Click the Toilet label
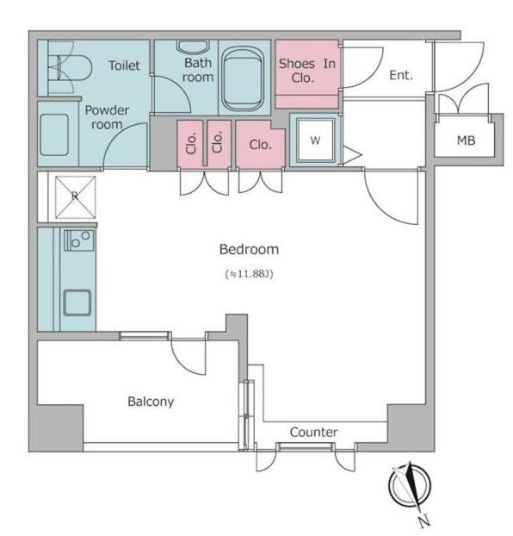pyautogui.click(x=124, y=65)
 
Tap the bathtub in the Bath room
pyautogui.click(x=244, y=78)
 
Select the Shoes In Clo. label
pyautogui.click(x=306, y=71)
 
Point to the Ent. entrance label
pyautogui.click(x=401, y=75)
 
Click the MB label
pyautogui.click(x=466, y=140)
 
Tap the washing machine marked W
pyautogui.click(x=315, y=140)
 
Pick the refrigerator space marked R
pyautogui.click(x=76, y=196)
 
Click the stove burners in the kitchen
pyautogui.click(x=79, y=240)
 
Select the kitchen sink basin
pyautogui.click(x=77, y=302)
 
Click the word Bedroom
pyautogui.click(x=249, y=249)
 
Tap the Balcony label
pyautogui.click(x=151, y=402)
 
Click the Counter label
pyautogui.click(x=314, y=432)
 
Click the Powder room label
pyautogui.click(x=107, y=117)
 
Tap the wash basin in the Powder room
pyautogui.click(x=54, y=135)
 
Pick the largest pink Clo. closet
pyautogui.click(x=260, y=144)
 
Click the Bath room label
pyautogui.click(x=198, y=70)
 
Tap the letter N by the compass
pyautogui.click(x=424, y=521)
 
